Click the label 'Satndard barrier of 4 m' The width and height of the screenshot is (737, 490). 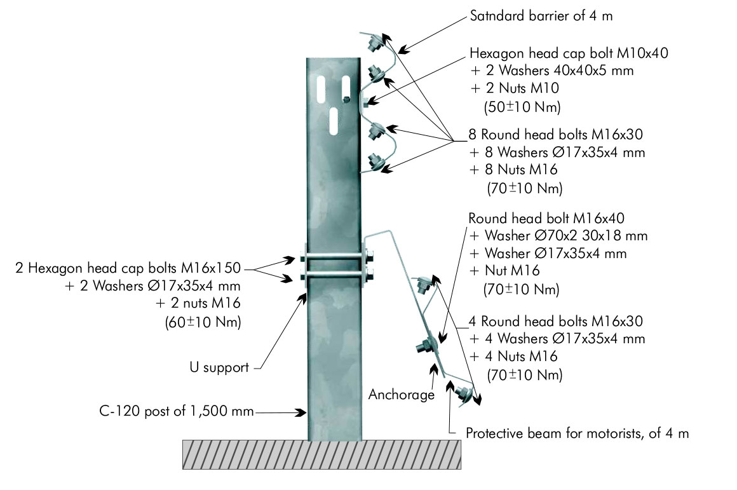(541, 16)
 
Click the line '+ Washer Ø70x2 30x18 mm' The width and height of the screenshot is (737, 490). (558, 236)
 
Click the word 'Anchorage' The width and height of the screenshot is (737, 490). (401, 395)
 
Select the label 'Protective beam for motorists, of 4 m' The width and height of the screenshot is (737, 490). (577, 434)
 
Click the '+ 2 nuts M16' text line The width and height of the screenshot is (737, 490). (198, 304)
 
